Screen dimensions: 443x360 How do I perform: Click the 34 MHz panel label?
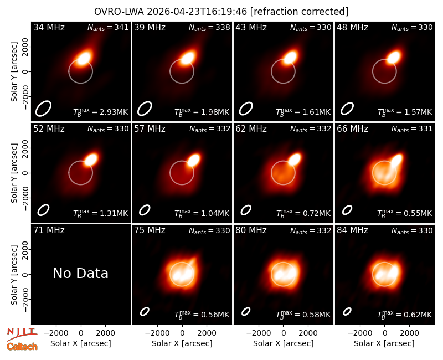pyautogui.click(x=49, y=27)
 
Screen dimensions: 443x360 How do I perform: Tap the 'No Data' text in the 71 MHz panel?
pyautogui.click(x=80, y=273)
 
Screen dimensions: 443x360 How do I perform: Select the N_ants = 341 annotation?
pyautogui.click(x=108, y=27)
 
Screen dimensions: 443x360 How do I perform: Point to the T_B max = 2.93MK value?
pyautogui.click(x=101, y=112)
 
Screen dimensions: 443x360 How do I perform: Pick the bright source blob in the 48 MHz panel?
pyautogui.click(x=394, y=57)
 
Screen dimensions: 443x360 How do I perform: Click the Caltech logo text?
pyautogui.click(x=22, y=347)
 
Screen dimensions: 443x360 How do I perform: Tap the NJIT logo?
pyautogui.click(x=22, y=333)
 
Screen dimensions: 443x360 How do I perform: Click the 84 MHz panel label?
pyautogui.click(x=352, y=230)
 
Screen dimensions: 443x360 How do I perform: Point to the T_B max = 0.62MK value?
pyautogui.click(x=405, y=315)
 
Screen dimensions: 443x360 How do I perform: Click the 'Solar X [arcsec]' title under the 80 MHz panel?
pyautogui.click(x=284, y=343)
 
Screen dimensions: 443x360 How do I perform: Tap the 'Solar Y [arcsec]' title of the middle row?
pyautogui.click(x=14, y=173)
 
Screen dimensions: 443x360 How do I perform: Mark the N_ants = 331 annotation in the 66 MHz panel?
pyautogui.click(x=412, y=129)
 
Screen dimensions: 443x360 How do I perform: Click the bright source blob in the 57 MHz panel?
pyautogui.click(x=193, y=160)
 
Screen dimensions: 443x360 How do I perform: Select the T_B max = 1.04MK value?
pyautogui.click(x=202, y=213)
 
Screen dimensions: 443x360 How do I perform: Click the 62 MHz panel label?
pyautogui.click(x=251, y=129)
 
